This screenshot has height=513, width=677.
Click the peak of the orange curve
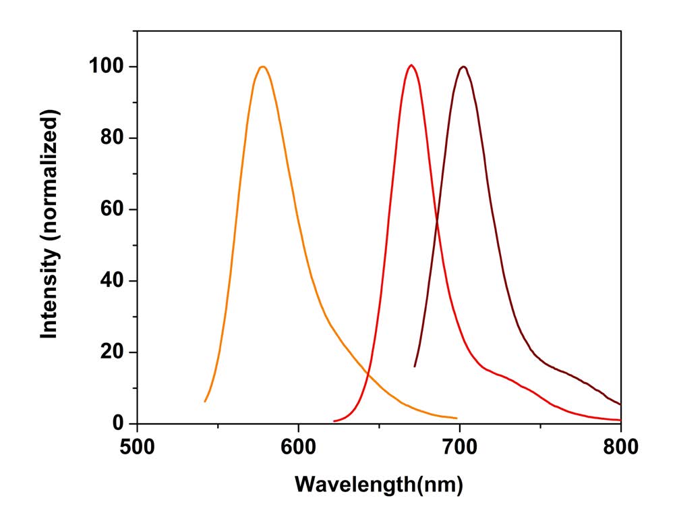pyautogui.click(x=262, y=66)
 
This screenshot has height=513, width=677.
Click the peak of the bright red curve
pyautogui.click(x=411, y=65)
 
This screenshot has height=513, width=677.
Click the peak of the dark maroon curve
pyautogui.click(x=463, y=66)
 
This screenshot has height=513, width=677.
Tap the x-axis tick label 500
pyautogui.click(x=138, y=446)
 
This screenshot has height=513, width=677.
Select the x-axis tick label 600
pyautogui.click(x=298, y=446)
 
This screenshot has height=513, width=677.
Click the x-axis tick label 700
pyautogui.click(x=460, y=446)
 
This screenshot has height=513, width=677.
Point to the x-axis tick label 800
pyautogui.click(x=620, y=446)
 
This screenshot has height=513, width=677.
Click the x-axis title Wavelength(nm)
pyautogui.click(x=379, y=484)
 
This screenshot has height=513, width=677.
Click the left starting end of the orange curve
pyautogui.click(x=205, y=402)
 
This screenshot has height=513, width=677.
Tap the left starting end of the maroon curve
pyautogui.click(x=415, y=367)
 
